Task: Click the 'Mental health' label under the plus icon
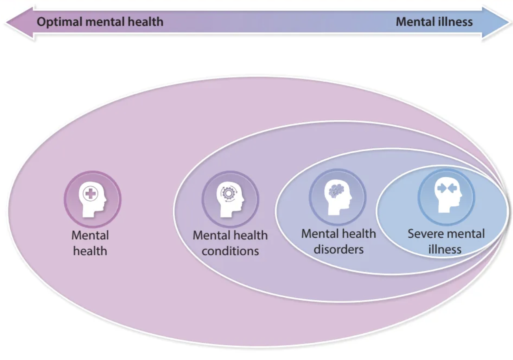(x=90, y=243)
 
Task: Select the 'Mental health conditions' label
(x=230, y=243)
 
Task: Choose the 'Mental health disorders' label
(x=339, y=241)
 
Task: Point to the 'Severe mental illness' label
(x=446, y=241)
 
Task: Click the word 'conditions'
(x=230, y=251)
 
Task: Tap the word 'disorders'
(x=339, y=250)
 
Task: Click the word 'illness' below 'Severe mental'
(x=445, y=250)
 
